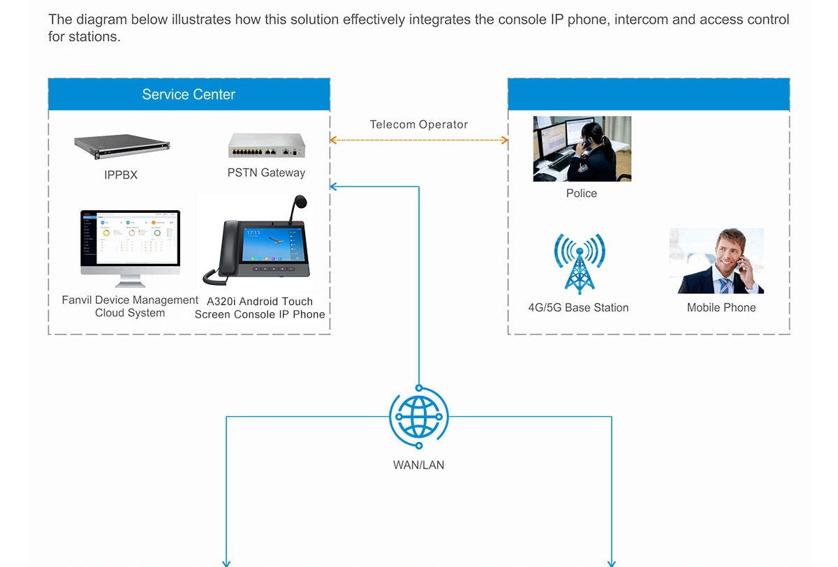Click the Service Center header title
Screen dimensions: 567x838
click(x=189, y=94)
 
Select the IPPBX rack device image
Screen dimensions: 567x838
click(x=123, y=145)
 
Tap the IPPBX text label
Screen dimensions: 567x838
click(x=121, y=175)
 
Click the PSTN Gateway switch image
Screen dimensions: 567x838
click(x=267, y=145)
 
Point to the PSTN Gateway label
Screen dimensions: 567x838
click(x=266, y=172)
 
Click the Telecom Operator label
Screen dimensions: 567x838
click(x=419, y=125)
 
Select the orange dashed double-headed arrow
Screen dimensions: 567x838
click(x=419, y=140)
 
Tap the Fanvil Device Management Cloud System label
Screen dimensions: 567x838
click(x=130, y=307)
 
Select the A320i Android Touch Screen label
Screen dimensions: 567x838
click(x=260, y=308)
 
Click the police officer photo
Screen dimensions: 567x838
click(x=582, y=149)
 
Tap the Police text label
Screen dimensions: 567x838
click(x=582, y=193)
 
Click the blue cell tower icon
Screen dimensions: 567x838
click(x=578, y=263)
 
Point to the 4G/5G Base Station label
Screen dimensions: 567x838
click(x=578, y=308)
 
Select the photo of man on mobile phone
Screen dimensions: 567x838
click(x=716, y=260)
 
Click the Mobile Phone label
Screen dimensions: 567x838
click(x=721, y=308)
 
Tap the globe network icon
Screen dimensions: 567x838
click(x=419, y=417)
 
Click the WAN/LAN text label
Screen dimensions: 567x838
click(x=419, y=465)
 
